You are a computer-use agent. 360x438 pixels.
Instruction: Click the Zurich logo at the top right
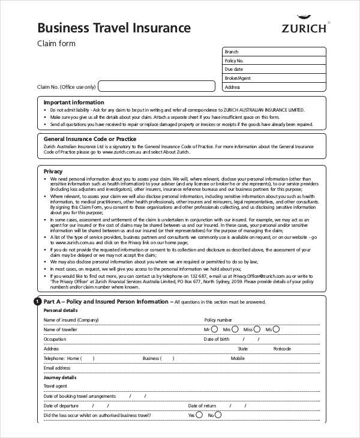[305, 24]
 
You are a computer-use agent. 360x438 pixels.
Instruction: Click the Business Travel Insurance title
[114, 28]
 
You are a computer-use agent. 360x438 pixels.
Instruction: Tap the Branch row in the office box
[274, 52]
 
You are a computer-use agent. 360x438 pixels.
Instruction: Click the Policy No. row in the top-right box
[274, 61]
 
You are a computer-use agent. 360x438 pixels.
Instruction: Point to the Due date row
[274, 70]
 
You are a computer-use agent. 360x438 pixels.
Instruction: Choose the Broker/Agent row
[274, 78]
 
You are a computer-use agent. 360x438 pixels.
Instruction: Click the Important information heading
[74, 103]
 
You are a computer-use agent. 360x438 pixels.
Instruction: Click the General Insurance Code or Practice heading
[90, 139]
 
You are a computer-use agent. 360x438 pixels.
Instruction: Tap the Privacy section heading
[53, 172]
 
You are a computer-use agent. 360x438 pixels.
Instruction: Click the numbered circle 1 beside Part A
[37, 301]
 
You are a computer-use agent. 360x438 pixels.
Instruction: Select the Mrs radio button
[235, 329]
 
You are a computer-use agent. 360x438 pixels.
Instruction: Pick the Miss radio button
[257, 329]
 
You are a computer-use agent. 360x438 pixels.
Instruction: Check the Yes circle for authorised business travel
[200, 415]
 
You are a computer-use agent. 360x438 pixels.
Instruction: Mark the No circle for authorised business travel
[218, 415]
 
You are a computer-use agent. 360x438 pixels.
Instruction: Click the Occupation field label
[55, 339]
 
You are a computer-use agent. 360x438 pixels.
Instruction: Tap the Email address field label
[57, 368]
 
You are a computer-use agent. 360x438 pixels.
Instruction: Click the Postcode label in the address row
[282, 349]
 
